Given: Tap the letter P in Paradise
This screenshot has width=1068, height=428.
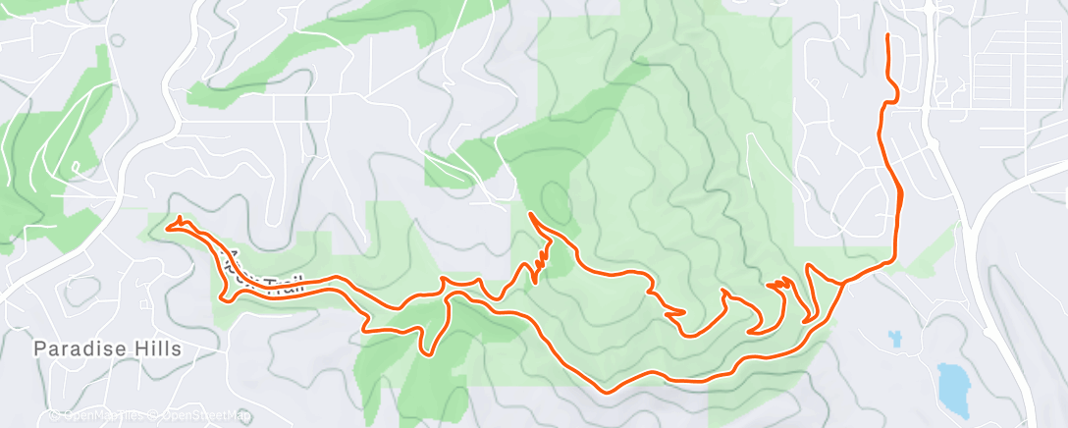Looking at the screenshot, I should tap(40, 348).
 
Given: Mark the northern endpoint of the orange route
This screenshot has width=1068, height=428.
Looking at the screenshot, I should tap(888, 36).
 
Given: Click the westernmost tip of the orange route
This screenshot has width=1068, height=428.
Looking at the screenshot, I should tap(168, 228).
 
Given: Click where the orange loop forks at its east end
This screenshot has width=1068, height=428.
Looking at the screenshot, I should tap(842, 283).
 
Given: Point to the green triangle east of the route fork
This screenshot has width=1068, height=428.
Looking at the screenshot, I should tap(938, 241).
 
